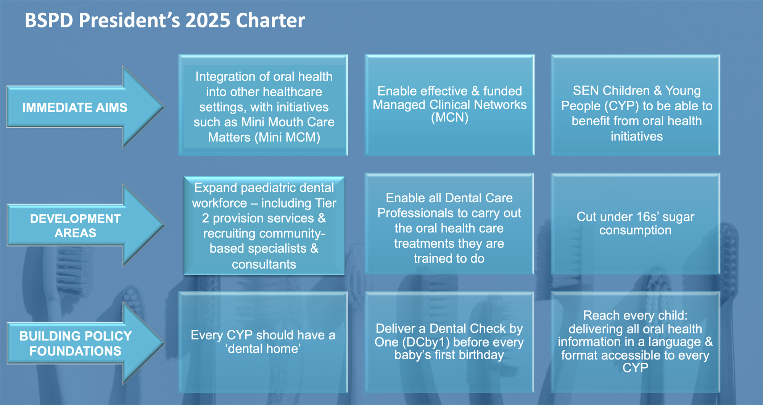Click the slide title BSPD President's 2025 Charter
165,20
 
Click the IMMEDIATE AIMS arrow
85,107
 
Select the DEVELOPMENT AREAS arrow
85,225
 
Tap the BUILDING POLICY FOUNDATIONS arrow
85,343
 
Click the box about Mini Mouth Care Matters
263,105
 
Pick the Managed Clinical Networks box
449,105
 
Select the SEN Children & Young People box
636,105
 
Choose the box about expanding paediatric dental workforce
264,226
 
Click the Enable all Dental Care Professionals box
449,224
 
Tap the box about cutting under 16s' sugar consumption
636,224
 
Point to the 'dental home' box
263,342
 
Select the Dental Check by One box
449,342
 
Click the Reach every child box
636,342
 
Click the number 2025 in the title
208,20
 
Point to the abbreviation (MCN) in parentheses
449,118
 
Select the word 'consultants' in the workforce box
264,264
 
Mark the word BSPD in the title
49,20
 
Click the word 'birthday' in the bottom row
481,355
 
